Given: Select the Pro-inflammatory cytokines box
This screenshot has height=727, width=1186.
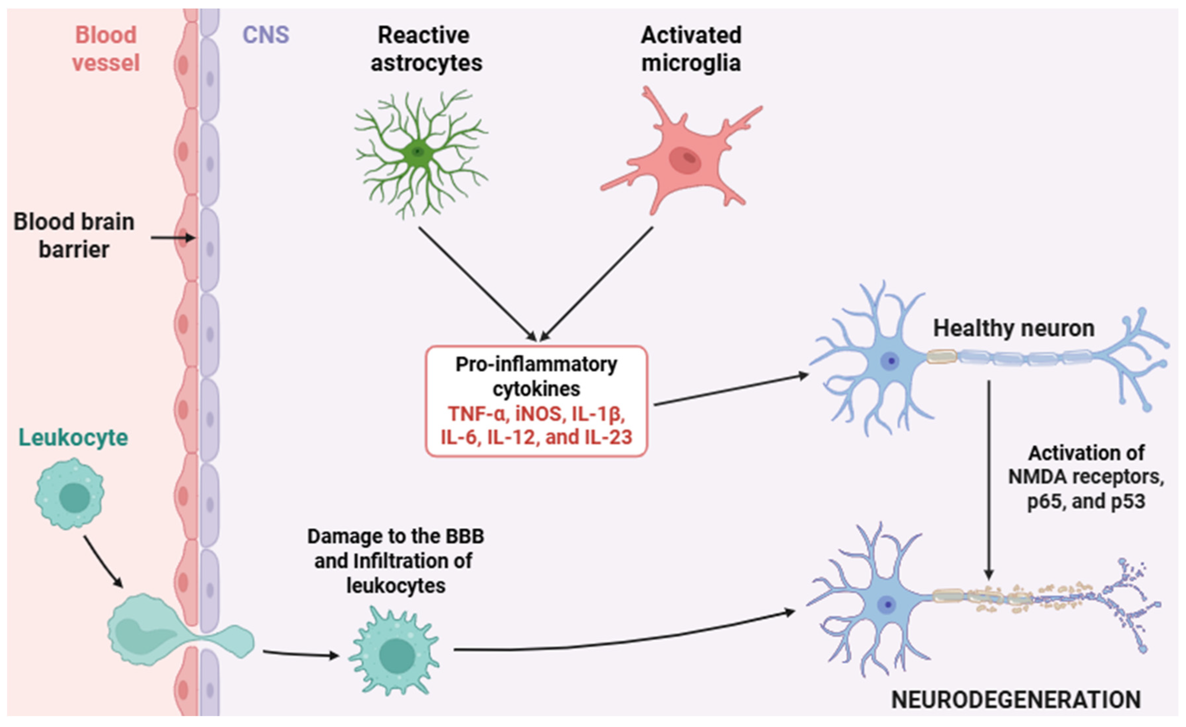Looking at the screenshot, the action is click(536, 401).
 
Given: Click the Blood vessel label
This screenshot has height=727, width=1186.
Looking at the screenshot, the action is click(106, 49).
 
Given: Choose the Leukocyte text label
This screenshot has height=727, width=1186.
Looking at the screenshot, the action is click(73, 438).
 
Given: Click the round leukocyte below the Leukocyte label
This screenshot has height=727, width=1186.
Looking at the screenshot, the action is click(70, 494).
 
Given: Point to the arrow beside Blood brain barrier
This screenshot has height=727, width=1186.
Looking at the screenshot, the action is click(173, 238).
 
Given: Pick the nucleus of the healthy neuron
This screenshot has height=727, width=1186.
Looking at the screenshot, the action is click(891, 361).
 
